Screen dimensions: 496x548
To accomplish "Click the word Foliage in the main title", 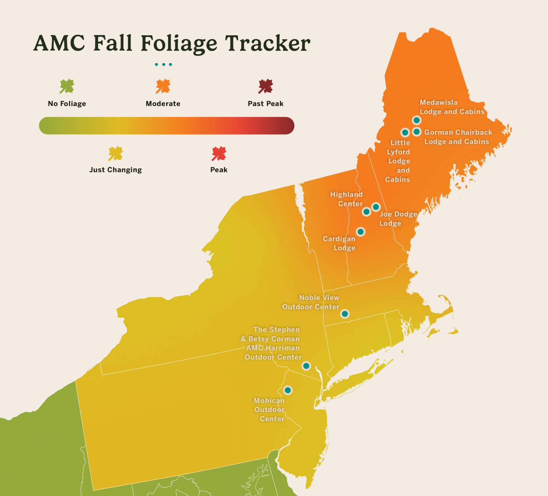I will [x=179, y=44].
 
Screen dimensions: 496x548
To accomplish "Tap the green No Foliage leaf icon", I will [x=67, y=86].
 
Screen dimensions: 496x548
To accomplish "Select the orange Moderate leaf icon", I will [x=163, y=86].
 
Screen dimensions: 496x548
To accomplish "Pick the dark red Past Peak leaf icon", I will [x=265, y=86].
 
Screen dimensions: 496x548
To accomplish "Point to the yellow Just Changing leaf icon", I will [x=115, y=153].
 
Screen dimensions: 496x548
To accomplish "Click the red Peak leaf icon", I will [x=219, y=153].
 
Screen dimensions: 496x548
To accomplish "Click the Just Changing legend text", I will [x=115, y=170].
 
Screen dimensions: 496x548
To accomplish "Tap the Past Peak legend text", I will [x=265, y=104].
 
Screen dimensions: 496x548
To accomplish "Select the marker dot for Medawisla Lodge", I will [x=416, y=120].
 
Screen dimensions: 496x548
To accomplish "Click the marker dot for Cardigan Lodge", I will [x=361, y=232].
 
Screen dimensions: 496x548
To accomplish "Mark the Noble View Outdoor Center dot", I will [x=345, y=314].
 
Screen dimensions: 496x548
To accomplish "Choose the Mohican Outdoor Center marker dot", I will [x=288, y=390].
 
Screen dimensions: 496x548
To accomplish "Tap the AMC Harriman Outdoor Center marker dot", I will [x=306, y=366].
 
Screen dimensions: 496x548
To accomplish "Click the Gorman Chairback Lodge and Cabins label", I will [x=458, y=137].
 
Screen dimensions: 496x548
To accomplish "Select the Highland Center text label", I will [x=346, y=199].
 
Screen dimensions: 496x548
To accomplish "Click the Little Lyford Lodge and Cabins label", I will [x=399, y=161].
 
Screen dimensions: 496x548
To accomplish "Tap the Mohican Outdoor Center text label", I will [x=269, y=410].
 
